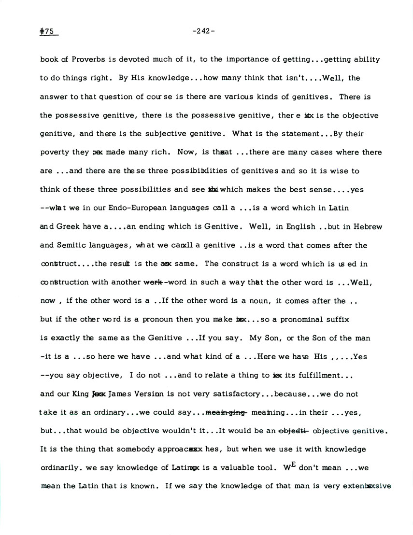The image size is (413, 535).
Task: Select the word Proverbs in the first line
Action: click(88, 59)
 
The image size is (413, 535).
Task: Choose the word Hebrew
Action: click(354, 226)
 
